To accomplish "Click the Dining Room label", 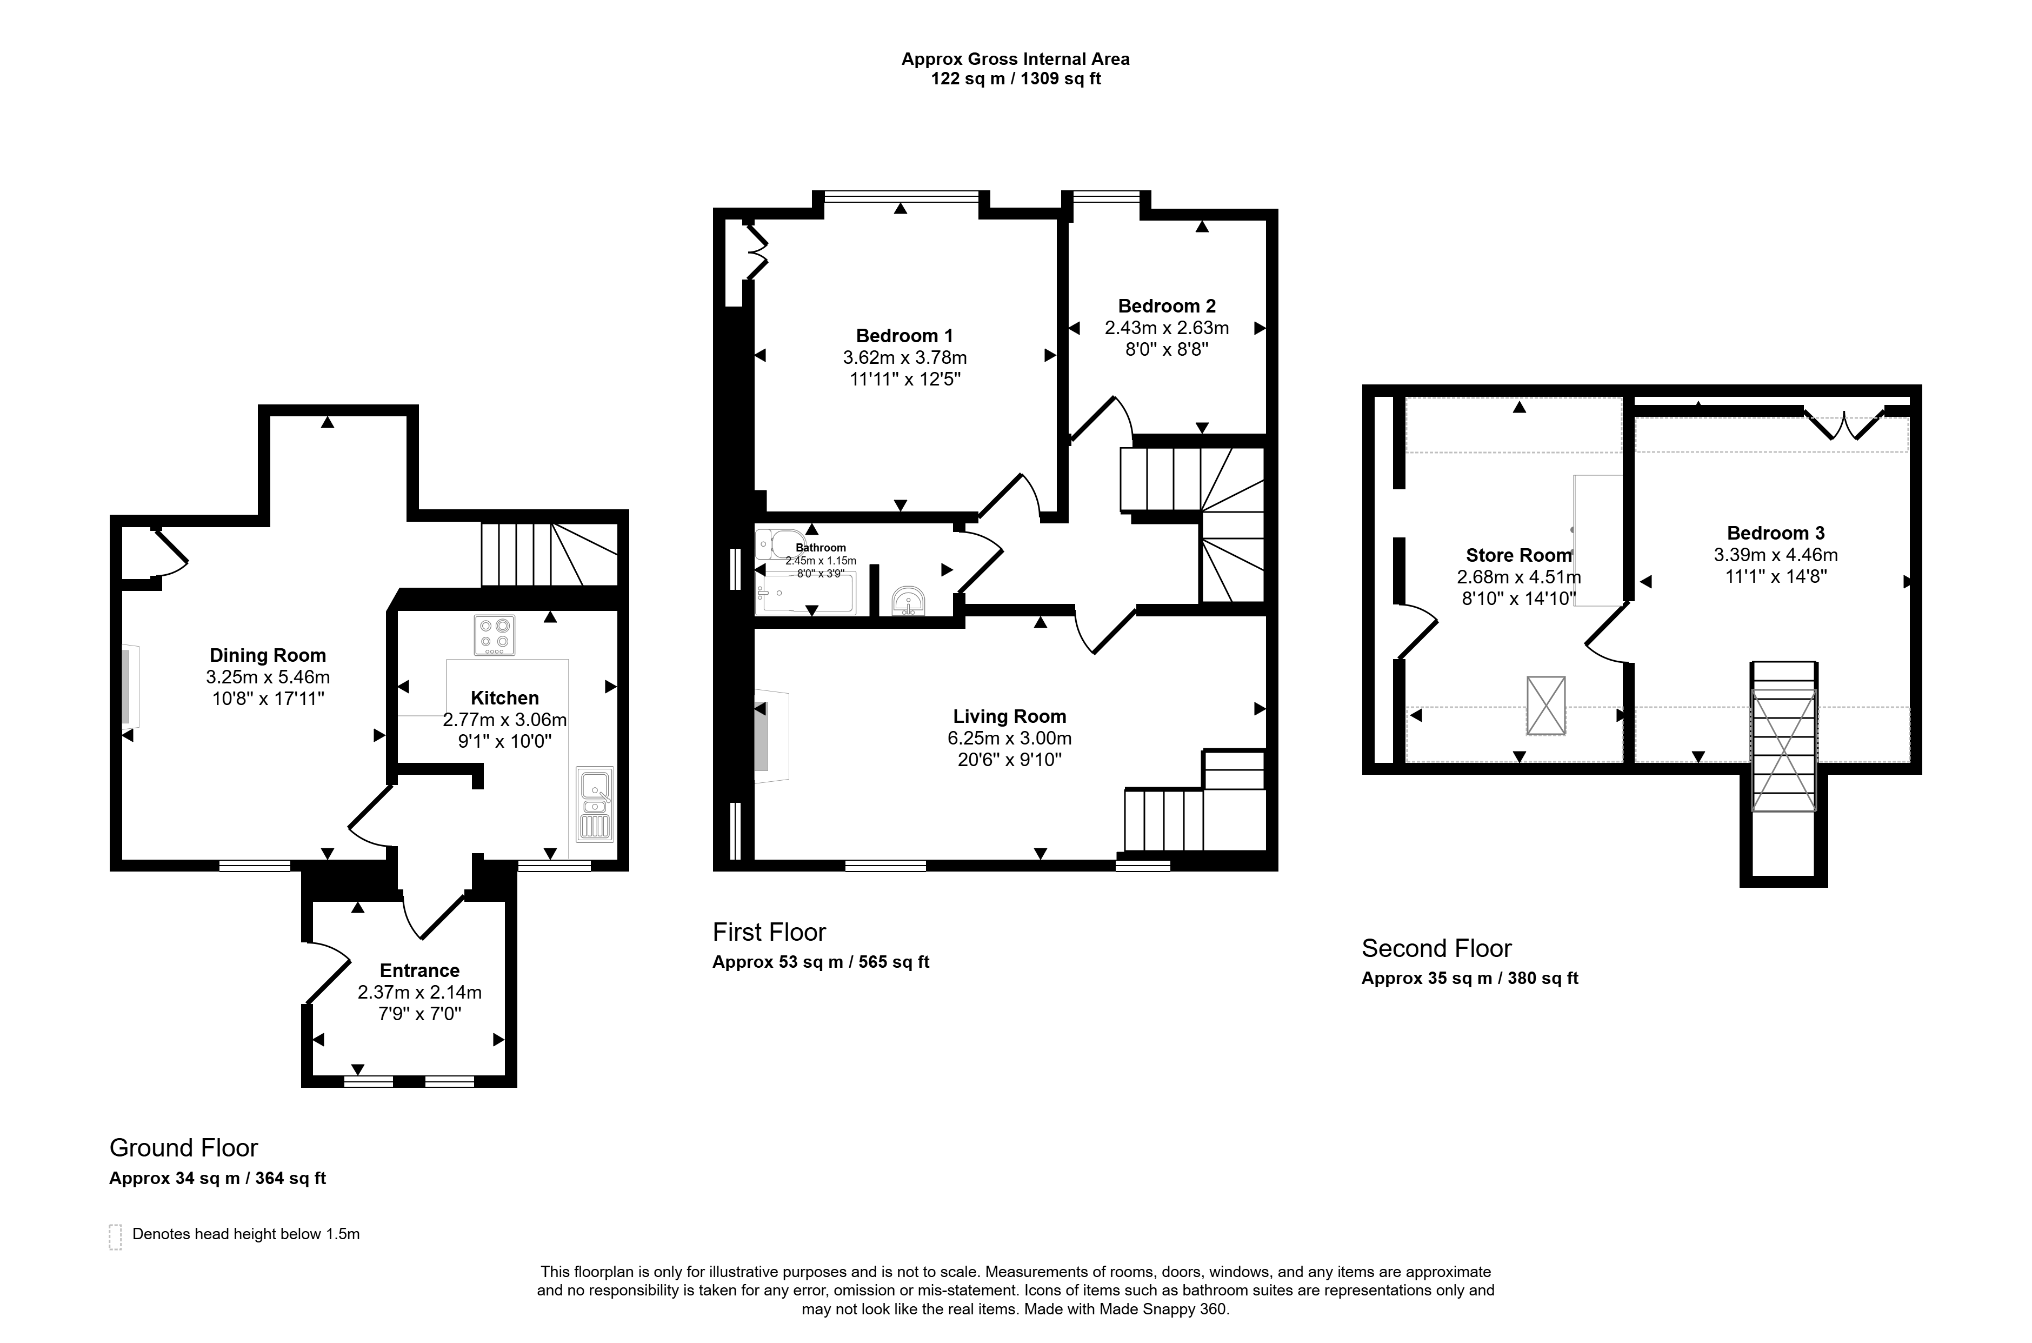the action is click(x=268, y=655).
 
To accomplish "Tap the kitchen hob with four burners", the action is click(x=494, y=635).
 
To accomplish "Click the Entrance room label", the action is click(x=419, y=970).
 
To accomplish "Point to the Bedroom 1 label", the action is click(x=904, y=336).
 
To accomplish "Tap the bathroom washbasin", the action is click(x=908, y=601).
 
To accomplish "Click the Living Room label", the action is click(x=1010, y=716).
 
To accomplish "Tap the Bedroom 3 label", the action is click(x=1775, y=533).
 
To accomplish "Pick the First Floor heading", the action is click(x=769, y=932).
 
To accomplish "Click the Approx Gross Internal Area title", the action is click(x=1016, y=59).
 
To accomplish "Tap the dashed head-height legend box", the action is click(x=116, y=1237).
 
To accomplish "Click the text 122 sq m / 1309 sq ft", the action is click(x=1016, y=79).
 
